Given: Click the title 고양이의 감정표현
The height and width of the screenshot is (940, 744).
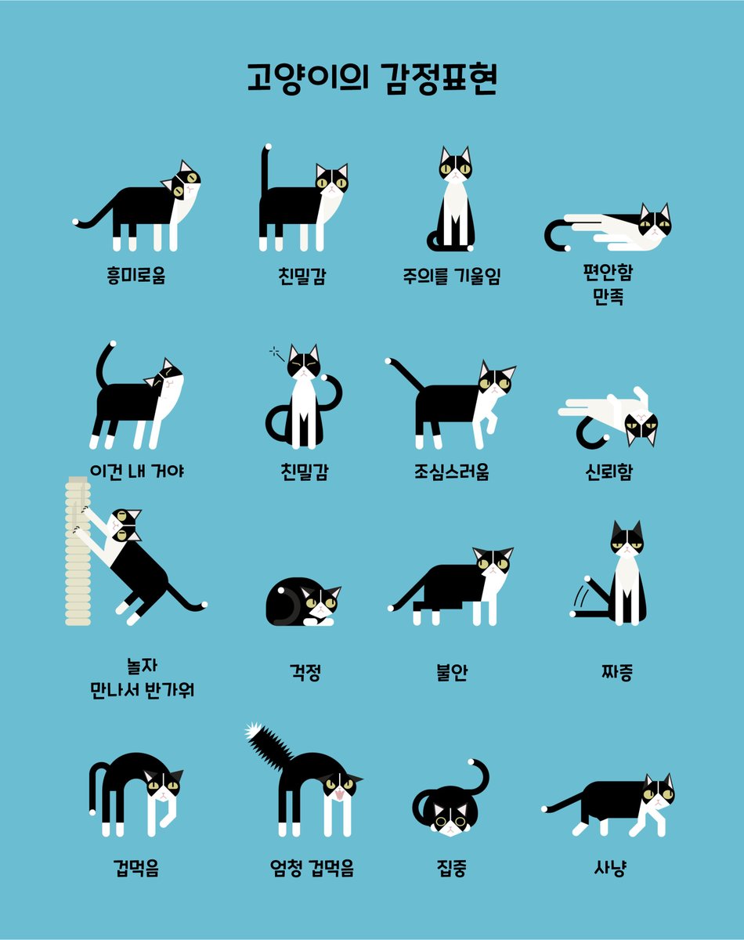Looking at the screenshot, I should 371,79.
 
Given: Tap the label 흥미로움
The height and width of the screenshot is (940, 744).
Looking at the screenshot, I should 136,276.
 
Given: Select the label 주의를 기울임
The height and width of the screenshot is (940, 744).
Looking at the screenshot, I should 451,276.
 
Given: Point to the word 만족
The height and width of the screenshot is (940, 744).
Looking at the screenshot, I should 609,297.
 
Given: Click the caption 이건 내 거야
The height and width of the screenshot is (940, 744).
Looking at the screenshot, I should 137,472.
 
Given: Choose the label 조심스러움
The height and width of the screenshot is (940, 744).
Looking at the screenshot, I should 451,472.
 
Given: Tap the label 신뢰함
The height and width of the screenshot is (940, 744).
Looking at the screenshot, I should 609,472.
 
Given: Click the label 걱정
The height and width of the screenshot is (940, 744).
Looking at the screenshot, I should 305,672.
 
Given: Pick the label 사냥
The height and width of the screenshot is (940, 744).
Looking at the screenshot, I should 609,868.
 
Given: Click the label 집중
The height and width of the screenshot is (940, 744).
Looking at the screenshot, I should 452,868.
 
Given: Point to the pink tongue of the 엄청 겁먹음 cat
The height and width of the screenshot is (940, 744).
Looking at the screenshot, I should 338,797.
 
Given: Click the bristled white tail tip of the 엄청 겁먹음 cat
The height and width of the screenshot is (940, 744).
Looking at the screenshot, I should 252,732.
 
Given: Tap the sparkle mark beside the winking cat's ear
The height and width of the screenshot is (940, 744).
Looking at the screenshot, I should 275,352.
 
